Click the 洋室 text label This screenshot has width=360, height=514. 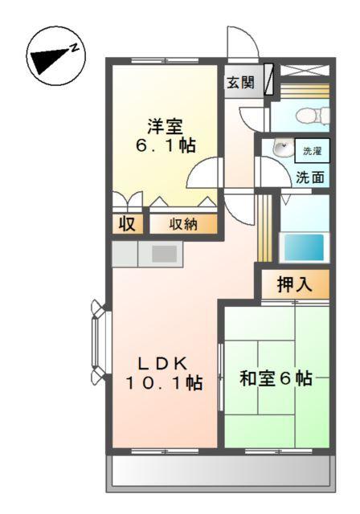click(x=165, y=126)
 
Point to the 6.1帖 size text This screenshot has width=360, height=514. click(x=165, y=145)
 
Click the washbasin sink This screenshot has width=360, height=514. click(x=280, y=149)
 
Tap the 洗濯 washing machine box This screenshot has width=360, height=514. click(x=311, y=151)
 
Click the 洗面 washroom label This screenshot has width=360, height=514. click(x=310, y=177)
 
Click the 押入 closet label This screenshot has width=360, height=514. click(x=293, y=284)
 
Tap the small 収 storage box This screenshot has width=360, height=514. click(x=127, y=224)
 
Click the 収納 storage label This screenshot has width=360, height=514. click(x=182, y=224)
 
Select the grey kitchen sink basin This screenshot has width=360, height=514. click(x=164, y=253)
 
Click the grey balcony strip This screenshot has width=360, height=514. click(x=219, y=473)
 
